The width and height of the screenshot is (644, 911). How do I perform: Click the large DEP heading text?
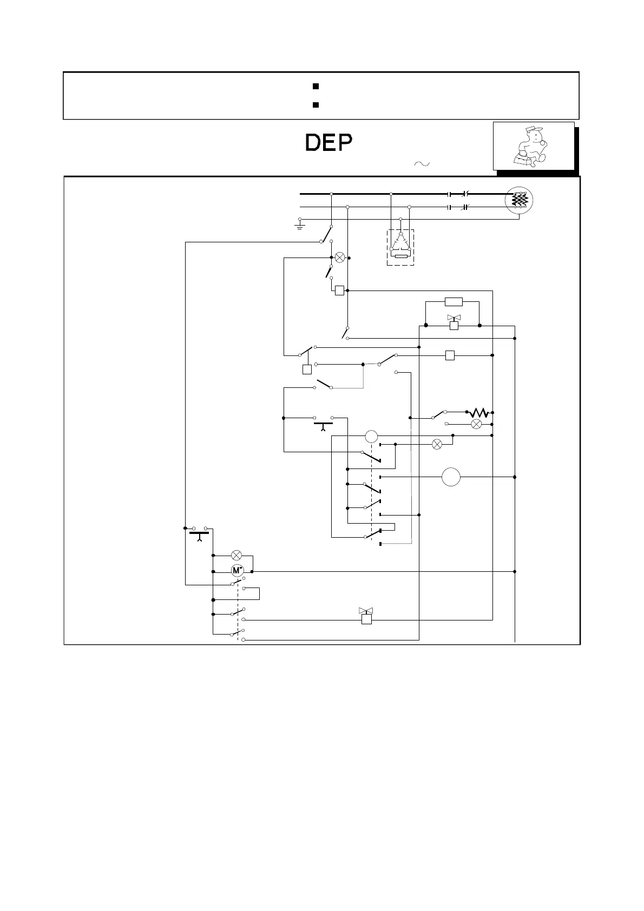pyautogui.click(x=329, y=143)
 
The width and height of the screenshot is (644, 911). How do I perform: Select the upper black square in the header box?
pyautogui.click(x=315, y=86)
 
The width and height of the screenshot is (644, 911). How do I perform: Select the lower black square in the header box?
pyautogui.click(x=315, y=104)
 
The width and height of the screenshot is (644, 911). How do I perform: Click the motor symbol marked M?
pyautogui.click(x=237, y=570)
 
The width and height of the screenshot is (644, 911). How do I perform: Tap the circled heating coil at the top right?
pyautogui.click(x=519, y=200)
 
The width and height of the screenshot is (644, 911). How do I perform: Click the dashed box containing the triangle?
pyautogui.click(x=400, y=247)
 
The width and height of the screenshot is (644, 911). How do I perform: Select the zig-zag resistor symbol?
pyautogui.click(x=479, y=413)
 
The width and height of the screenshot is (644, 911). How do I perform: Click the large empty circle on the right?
pyautogui.click(x=451, y=477)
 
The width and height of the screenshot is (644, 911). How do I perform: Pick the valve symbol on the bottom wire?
pyautogui.click(x=366, y=616)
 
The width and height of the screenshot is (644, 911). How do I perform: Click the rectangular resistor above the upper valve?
pyautogui.click(x=454, y=302)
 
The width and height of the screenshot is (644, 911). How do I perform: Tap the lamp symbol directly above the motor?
pyautogui.click(x=236, y=555)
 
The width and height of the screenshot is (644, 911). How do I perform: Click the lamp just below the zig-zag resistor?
pyautogui.click(x=477, y=424)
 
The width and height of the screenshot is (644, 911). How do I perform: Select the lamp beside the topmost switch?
pyautogui.click(x=340, y=258)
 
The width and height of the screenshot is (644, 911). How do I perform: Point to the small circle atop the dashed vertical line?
pyautogui.click(x=371, y=436)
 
